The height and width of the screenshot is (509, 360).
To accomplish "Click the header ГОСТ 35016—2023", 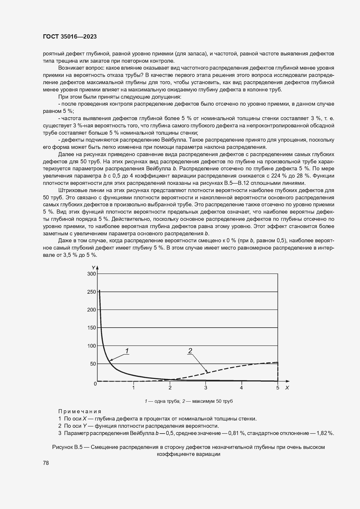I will (70, 37).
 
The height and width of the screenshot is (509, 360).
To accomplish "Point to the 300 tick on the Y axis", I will (91, 274).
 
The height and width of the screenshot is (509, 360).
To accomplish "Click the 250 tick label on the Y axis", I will (91, 292).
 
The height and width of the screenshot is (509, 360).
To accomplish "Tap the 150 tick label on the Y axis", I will (91, 328).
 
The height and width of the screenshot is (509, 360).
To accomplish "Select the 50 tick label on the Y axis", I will (93, 364).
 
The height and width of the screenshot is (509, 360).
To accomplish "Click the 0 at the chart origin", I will (95, 384).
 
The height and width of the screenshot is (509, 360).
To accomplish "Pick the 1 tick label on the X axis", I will (133, 387).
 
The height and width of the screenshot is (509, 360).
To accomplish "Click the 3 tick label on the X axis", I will (206, 387).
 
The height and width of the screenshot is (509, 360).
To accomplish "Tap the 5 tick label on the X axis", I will (278, 387).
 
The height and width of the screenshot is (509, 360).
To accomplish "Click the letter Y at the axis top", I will (93, 267).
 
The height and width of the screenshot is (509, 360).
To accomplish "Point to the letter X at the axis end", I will (287, 388).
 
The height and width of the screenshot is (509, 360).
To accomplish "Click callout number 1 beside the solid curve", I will (127, 351).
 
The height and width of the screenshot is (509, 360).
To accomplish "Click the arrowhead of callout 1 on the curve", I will (111, 360).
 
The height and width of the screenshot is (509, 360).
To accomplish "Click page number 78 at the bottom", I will (46, 463).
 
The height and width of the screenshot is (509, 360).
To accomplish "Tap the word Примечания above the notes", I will (79, 411).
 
